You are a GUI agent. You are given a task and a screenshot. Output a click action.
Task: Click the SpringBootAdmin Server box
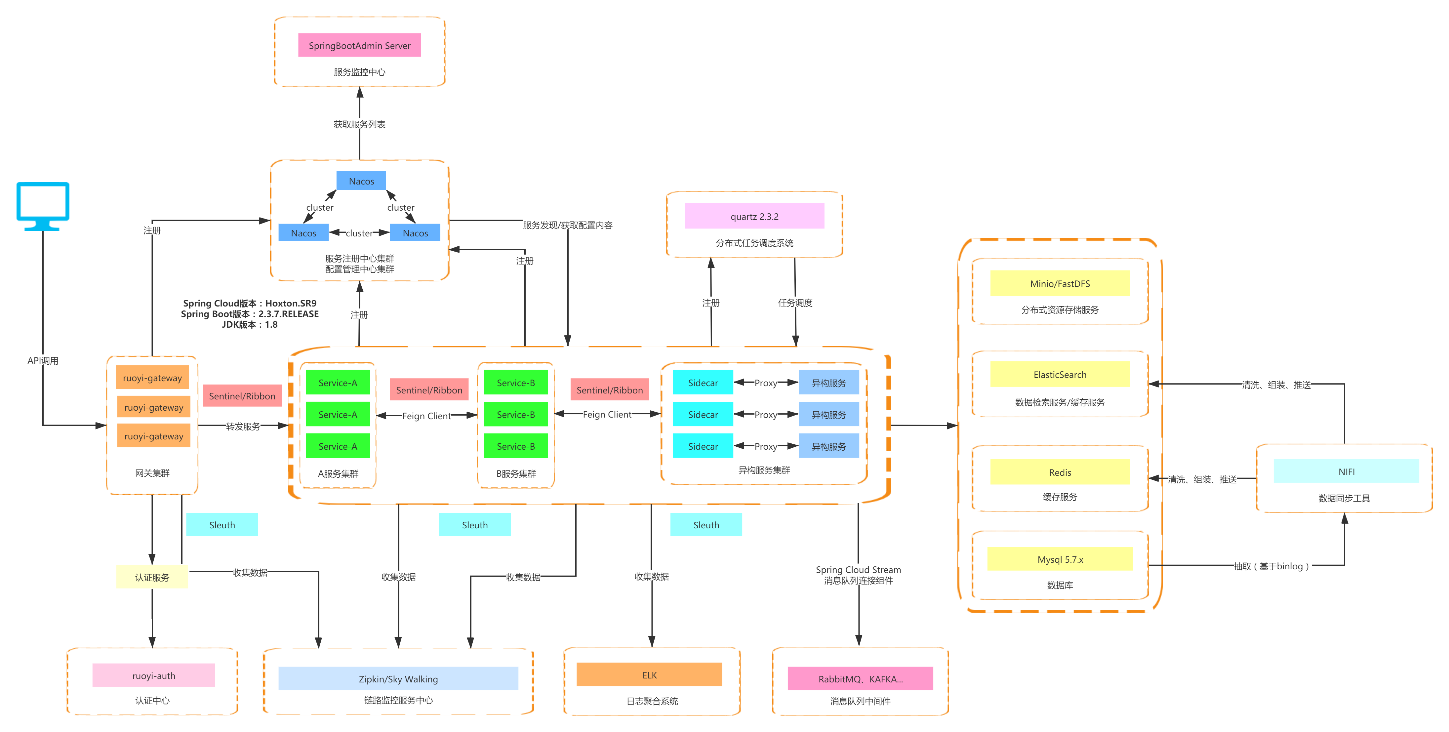pos(359,46)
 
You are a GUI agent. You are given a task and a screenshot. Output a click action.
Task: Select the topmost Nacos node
pos(361,181)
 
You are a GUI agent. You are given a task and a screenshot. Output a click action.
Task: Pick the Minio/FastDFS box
pos(1060,284)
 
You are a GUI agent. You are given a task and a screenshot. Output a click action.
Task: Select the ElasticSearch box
pos(1060,375)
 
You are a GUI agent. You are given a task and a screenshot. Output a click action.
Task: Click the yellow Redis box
pos(1060,472)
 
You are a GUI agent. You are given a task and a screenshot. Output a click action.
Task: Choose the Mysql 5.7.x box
pos(1060,559)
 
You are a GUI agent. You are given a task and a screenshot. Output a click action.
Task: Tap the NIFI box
pos(1346,471)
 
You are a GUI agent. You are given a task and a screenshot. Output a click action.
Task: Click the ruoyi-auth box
pos(154,676)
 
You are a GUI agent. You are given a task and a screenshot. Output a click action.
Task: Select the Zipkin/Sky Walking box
pos(398,679)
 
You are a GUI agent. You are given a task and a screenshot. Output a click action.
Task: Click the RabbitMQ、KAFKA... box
pos(860,679)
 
